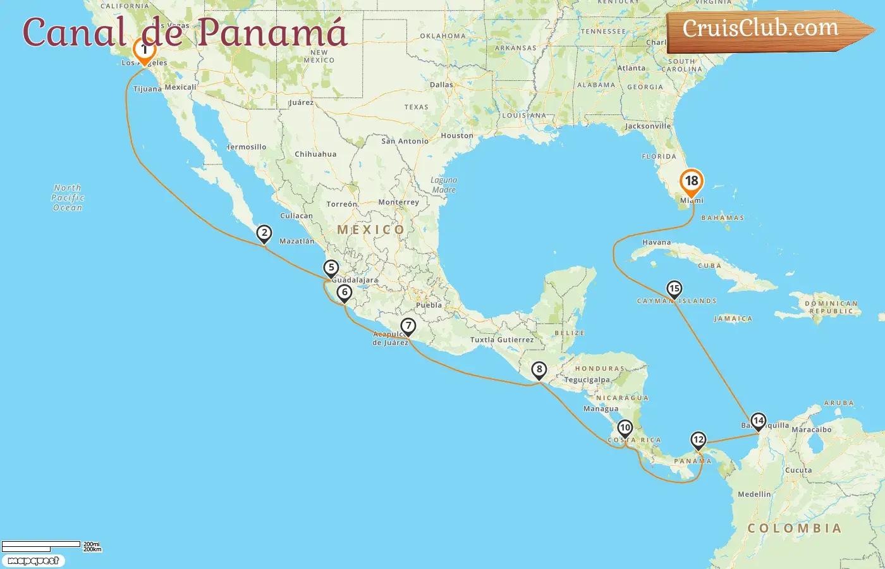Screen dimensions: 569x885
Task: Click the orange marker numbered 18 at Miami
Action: tap(692, 182)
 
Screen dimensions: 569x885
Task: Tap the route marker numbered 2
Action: tap(264, 233)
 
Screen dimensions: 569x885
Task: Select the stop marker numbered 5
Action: tap(331, 268)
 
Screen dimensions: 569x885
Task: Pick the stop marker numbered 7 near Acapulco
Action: tap(408, 326)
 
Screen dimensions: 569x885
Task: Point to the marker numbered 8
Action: tap(539, 370)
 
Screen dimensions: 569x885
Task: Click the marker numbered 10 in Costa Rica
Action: tap(625, 428)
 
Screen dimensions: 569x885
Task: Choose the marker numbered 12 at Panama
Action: tap(698, 440)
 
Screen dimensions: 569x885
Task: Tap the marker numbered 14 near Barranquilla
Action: tap(758, 421)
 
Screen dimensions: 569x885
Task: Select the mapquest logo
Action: tap(33, 561)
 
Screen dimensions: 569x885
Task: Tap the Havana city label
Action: tap(656, 242)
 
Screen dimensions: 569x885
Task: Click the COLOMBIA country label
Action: tap(794, 529)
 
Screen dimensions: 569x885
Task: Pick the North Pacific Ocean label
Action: tap(68, 198)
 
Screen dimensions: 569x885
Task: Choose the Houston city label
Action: tap(457, 136)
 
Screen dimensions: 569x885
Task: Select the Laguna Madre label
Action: tap(444, 185)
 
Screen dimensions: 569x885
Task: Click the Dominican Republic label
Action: tap(831, 307)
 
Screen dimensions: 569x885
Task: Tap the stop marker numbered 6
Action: tap(344, 292)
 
